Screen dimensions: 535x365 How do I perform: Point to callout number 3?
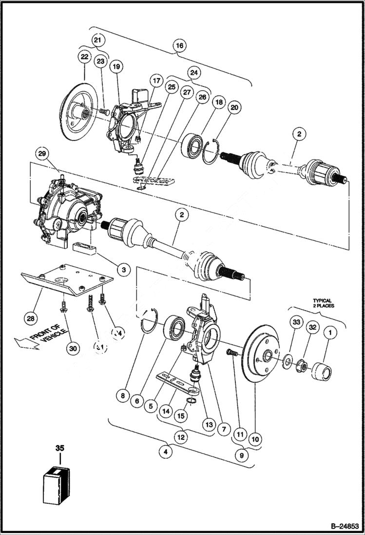click(124, 269)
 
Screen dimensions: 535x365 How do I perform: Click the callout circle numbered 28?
click(31, 318)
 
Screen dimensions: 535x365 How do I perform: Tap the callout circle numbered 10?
click(254, 438)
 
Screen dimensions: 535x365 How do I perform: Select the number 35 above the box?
click(59, 447)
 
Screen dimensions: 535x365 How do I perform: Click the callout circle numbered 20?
click(234, 107)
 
